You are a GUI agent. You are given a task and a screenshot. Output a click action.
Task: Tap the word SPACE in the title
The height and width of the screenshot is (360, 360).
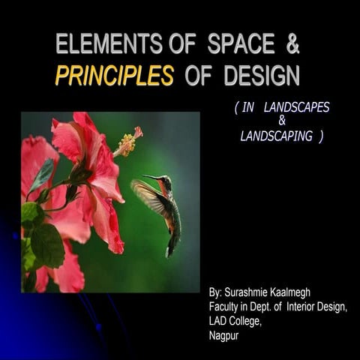pos(241,45)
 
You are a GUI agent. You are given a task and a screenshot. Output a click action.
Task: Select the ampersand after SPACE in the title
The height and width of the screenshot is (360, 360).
pos(292,45)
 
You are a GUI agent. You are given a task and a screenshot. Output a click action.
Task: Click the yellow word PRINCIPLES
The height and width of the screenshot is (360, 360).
pos(114,76)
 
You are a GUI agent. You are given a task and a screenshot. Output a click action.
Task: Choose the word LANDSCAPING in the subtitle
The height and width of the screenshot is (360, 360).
pos(279,136)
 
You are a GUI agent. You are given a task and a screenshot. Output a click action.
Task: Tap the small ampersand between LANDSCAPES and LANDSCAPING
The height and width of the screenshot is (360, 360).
pos(282,121)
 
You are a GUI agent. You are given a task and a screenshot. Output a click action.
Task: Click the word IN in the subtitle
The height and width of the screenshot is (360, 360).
pos(248,108)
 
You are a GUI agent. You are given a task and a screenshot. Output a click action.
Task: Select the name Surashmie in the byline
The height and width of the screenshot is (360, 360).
pos(253,289)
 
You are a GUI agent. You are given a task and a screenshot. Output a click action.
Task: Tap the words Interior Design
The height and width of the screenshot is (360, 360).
pos(314,305)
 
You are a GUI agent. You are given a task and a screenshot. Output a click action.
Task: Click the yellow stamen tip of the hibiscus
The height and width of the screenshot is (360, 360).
pos(127,140)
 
